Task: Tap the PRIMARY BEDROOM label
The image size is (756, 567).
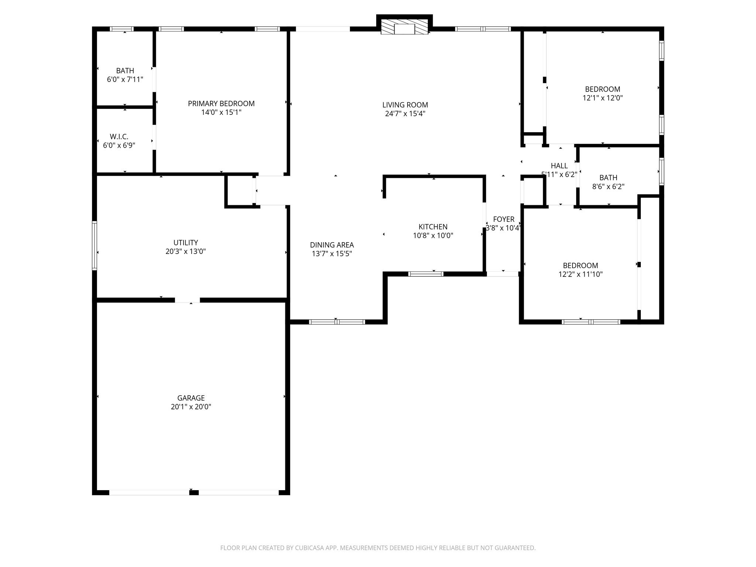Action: click(221, 104)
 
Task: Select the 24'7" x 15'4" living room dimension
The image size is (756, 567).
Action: click(405, 114)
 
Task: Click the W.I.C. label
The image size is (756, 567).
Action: click(119, 137)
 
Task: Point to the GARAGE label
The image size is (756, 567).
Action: click(191, 398)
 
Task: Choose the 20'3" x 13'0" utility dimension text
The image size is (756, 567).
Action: click(185, 251)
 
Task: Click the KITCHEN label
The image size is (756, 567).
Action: click(433, 227)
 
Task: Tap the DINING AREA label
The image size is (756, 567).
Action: click(332, 245)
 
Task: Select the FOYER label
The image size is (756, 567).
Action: click(504, 219)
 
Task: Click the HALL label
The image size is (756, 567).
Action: click(559, 166)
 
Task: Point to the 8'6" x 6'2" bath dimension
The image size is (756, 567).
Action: click(608, 186)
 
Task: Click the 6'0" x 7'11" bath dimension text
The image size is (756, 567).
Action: click(125, 79)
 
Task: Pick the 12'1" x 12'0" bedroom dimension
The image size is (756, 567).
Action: click(602, 98)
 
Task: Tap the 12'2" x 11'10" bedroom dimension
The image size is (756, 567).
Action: click(580, 274)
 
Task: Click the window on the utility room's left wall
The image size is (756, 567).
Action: click(94, 245)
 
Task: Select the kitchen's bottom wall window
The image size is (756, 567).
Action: click(426, 274)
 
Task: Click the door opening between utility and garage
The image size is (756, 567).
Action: click(187, 300)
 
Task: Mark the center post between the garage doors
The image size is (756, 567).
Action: click(194, 492)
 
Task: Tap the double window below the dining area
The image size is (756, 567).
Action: click(337, 322)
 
